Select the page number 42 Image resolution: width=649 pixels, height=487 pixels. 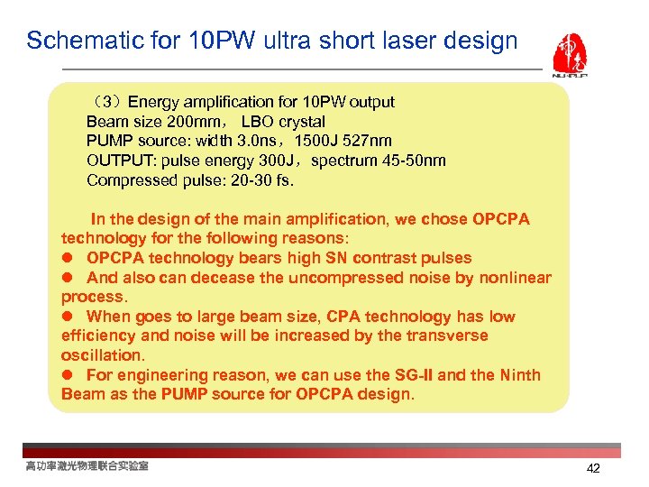click(592, 468)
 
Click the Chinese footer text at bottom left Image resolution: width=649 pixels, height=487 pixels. click(87, 466)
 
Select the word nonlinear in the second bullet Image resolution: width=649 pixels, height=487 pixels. click(515, 278)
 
